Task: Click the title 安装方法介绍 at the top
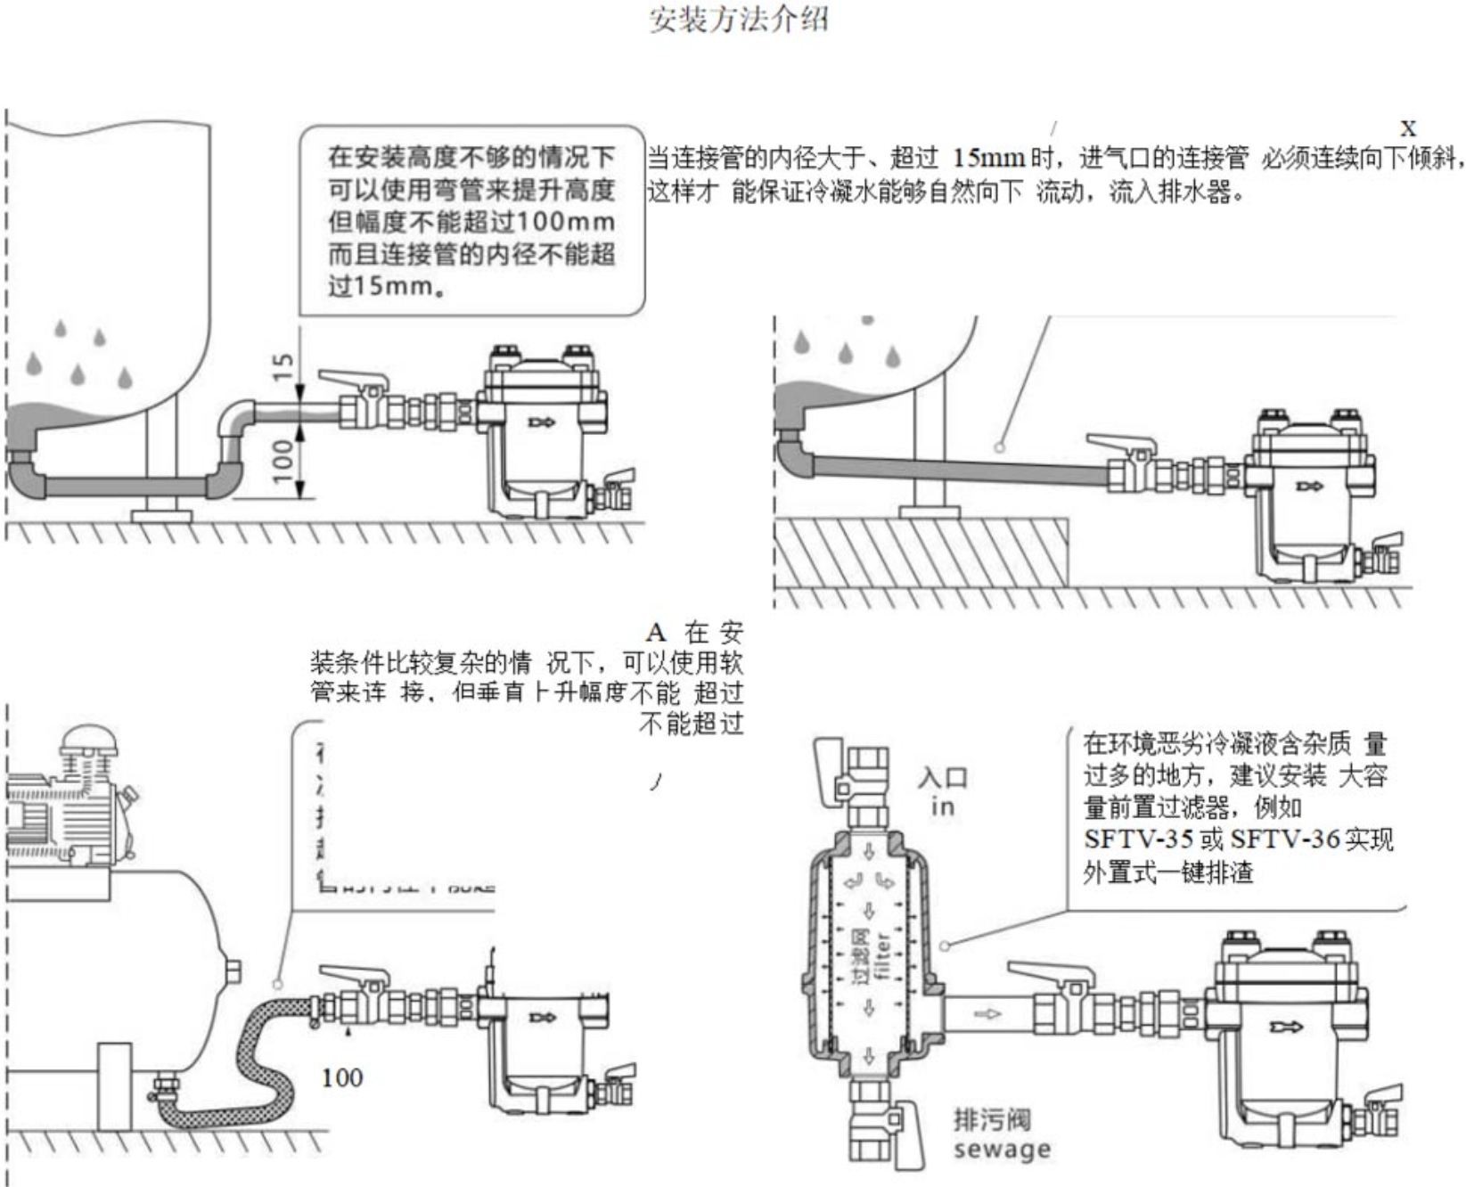click(739, 19)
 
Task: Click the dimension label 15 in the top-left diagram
click(283, 365)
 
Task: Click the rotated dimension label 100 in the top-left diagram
click(283, 460)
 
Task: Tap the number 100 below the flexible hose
click(342, 1078)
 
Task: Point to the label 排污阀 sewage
click(1001, 1134)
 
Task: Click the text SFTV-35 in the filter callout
click(1138, 840)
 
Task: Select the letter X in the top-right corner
click(1407, 127)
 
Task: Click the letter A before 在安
click(656, 633)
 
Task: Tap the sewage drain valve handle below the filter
click(909, 1132)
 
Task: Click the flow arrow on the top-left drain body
click(541, 422)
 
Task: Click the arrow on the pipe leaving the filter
click(987, 1013)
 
